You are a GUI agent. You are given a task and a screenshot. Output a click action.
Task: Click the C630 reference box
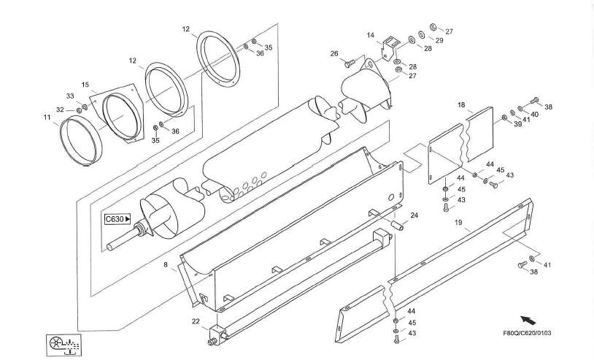point(117,219)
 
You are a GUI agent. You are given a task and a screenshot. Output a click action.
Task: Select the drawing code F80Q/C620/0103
point(527,333)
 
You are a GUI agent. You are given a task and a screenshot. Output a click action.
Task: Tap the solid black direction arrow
point(528,321)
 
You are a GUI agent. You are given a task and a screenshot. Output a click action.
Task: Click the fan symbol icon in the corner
point(64,345)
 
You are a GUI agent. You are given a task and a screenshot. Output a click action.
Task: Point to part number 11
point(47,118)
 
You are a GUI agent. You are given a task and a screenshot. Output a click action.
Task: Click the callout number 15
point(85,85)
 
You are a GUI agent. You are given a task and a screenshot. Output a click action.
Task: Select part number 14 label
point(371,35)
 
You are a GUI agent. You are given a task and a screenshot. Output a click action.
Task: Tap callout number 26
point(333,54)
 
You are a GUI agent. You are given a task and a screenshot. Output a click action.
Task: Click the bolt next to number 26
point(350,64)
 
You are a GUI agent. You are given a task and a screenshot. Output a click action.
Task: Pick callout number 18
point(461,105)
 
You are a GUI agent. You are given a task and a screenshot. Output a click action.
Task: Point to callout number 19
point(458,223)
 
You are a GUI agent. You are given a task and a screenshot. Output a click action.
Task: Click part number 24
point(414,215)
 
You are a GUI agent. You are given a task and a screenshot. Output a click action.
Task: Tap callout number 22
point(196,321)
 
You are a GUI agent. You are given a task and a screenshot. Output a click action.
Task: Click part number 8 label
point(166,265)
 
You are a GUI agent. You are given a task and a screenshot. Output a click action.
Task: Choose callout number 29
point(439,40)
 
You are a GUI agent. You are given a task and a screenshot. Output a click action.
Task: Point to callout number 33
point(70,96)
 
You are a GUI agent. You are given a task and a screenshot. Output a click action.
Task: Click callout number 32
point(60,110)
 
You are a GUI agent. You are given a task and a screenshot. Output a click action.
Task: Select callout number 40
point(534,115)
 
